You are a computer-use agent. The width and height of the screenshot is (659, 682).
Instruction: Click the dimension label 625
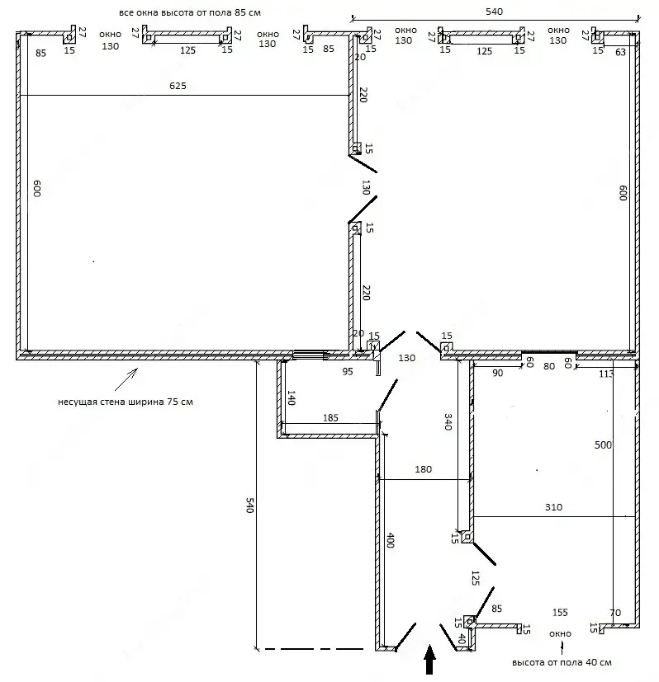178,86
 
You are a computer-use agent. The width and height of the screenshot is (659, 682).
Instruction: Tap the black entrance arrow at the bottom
430,660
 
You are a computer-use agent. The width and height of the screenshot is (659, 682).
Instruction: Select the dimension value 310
553,507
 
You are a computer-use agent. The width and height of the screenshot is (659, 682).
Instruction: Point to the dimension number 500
603,445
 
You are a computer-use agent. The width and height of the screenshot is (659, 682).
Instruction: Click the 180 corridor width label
424,469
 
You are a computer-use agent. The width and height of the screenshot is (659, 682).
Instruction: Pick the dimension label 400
391,540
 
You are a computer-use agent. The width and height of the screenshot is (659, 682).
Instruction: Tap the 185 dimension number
330,418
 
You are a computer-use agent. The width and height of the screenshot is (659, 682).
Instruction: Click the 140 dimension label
292,398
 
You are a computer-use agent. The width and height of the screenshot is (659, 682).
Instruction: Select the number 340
448,421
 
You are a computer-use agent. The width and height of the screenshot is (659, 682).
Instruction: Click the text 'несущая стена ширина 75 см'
126,402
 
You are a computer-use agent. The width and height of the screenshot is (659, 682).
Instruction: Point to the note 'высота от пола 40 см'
562,663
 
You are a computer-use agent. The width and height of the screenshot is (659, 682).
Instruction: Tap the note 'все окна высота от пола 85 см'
190,12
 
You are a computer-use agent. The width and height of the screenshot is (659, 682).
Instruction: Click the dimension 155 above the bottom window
560,613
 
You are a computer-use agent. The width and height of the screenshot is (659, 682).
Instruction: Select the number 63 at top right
621,52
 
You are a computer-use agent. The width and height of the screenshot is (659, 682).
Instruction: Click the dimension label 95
348,371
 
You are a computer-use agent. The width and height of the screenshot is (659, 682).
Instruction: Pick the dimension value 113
606,374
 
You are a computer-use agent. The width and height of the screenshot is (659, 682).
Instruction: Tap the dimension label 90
498,373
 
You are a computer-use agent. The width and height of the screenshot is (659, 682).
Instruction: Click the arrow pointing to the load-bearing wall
126,379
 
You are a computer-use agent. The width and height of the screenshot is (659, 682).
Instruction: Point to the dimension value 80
549,366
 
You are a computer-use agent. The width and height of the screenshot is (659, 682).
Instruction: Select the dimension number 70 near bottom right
615,613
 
